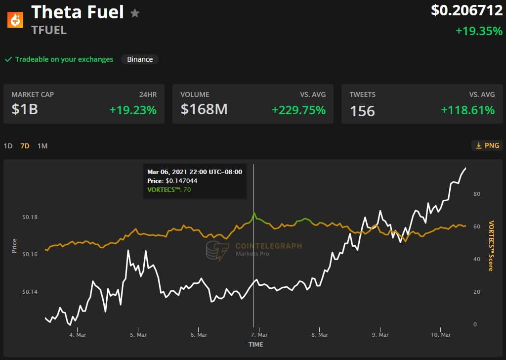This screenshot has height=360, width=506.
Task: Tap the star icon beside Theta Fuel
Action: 135,13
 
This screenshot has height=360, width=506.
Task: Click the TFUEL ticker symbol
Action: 49,30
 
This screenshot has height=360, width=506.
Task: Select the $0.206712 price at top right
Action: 466,10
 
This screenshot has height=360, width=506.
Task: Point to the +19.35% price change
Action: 478,31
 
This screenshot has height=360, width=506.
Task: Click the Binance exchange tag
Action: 140,59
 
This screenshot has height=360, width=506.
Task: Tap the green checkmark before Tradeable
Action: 8,59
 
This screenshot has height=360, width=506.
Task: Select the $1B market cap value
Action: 25,109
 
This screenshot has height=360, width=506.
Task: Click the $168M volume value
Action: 204,109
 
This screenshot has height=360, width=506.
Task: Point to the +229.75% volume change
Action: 298,110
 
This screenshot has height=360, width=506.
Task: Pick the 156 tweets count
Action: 362,111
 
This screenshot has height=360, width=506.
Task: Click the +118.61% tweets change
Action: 467,110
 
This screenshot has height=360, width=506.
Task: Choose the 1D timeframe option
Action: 8,146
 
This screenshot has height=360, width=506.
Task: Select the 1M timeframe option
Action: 42,146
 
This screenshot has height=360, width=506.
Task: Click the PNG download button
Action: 487,145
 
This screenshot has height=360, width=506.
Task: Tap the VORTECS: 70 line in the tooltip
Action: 169,189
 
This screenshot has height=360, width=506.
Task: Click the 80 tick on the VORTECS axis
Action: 476,194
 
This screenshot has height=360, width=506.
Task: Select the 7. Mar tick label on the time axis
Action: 259,335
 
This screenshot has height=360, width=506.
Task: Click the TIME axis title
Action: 255,344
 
